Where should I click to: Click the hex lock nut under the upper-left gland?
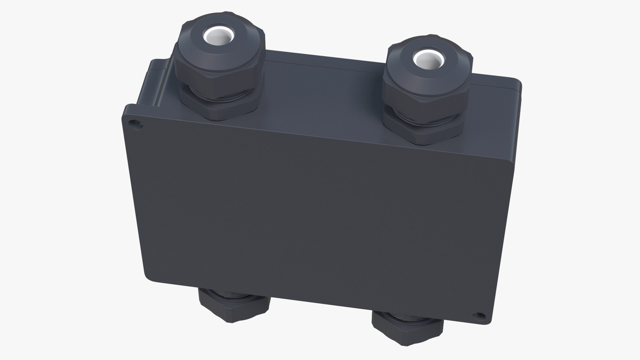tap(220, 107)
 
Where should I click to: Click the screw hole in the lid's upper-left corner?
tap(135, 123)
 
